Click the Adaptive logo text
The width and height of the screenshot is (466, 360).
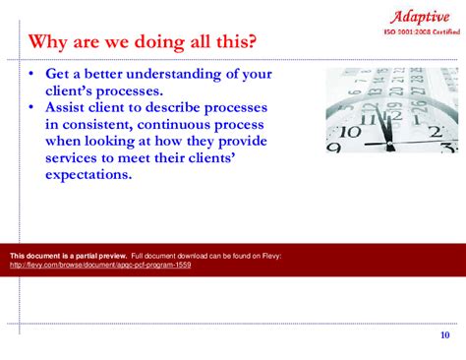point(421,16)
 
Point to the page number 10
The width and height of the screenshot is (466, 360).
point(444,335)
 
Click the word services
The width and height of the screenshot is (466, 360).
point(75,158)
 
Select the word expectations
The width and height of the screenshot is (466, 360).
point(88,175)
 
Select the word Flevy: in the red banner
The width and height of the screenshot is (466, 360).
point(270,256)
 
